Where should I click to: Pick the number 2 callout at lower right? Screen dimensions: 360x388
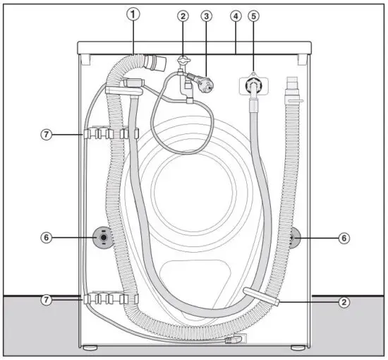344,302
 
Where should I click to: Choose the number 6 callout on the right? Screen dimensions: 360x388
344,238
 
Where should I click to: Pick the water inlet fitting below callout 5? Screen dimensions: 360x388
252,88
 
